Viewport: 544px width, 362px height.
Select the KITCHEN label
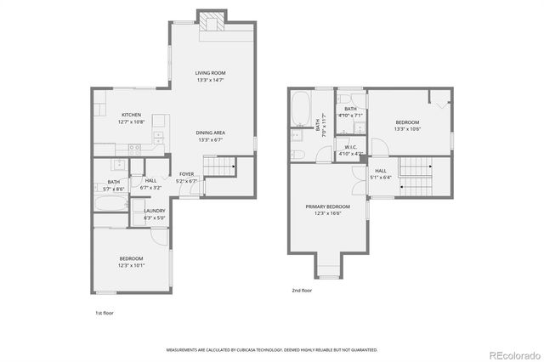[x=131, y=115]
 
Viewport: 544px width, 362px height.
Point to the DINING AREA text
[x=211, y=133]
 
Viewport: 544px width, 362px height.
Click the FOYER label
[x=186, y=174]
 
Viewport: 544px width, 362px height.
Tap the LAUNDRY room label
[x=154, y=211]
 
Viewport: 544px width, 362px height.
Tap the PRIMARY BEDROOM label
[x=328, y=206]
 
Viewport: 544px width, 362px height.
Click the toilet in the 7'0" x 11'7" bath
[x=297, y=155]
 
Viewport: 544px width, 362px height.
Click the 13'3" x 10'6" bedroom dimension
[x=407, y=129]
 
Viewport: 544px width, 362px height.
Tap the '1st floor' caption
[x=104, y=313]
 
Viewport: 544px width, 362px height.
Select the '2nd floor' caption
[x=302, y=291]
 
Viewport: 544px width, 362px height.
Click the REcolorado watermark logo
[x=513, y=354]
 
